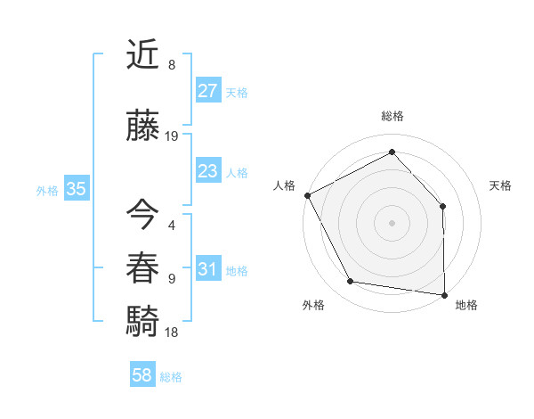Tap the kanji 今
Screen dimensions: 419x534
click(143, 215)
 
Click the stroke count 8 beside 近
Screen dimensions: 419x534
click(172, 65)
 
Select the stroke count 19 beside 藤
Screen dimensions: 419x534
click(172, 136)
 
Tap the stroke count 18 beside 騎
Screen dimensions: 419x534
click(172, 333)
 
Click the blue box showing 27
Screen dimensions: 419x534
click(207, 91)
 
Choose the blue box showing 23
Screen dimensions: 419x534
click(207, 171)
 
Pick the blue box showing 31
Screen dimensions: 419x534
click(207, 269)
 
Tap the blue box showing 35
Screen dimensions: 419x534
click(76, 189)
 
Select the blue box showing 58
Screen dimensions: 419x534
click(142, 375)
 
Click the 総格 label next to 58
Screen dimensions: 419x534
click(171, 377)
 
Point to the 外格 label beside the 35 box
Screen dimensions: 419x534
click(47, 190)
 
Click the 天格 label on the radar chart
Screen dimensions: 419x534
click(500, 185)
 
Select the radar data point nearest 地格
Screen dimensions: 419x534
click(444, 293)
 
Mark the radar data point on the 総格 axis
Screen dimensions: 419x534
click(392, 152)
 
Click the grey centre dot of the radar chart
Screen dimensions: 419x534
click(392, 222)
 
